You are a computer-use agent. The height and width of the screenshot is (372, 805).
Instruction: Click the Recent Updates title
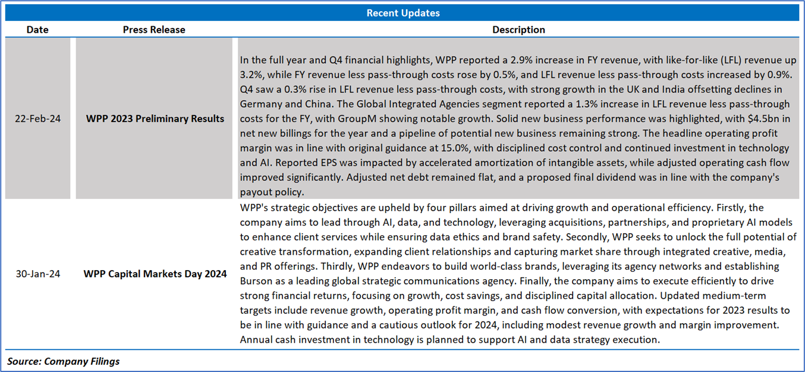point(402,12)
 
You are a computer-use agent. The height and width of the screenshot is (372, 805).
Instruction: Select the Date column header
point(37,29)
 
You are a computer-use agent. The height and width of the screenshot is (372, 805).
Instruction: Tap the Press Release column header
point(154,29)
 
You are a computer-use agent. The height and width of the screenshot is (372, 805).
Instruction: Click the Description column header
point(518,29)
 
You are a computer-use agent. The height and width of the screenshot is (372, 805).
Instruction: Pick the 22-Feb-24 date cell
point(37,118)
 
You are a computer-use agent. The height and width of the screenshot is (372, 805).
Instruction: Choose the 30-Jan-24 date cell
point(37,274)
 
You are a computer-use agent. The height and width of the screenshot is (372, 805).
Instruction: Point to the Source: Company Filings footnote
point(64,361)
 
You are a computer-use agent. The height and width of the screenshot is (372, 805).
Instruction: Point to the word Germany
point(261,104)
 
